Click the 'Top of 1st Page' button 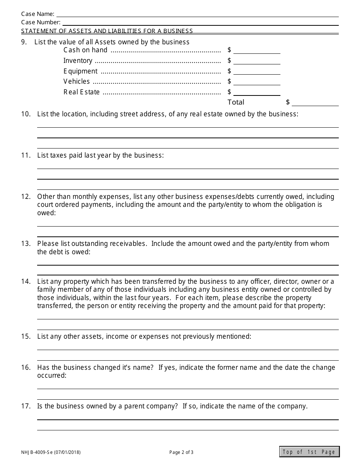point(309,452)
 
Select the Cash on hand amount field point(257,50)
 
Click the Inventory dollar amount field point(257,61)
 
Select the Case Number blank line point(200,22)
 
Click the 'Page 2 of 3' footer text point(181,452)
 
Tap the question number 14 point(25,281)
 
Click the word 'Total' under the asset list point(236,102)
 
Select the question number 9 point(24,42)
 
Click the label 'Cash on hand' point(85,50)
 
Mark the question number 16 point(25,367)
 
